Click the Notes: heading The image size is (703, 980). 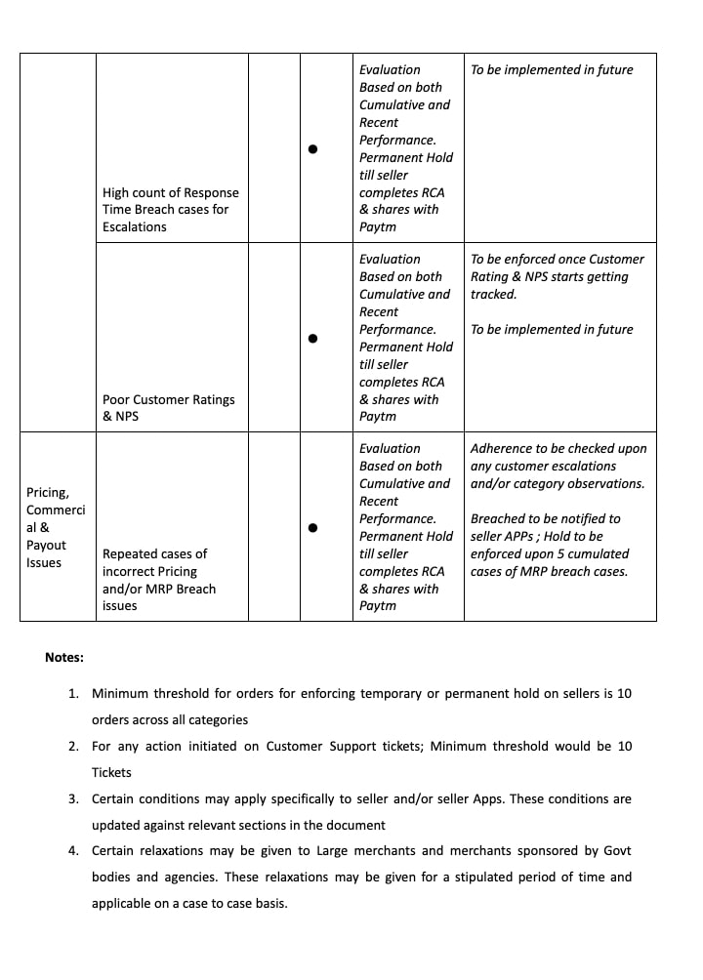coord(64,657)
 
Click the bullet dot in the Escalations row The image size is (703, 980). coord(312,149)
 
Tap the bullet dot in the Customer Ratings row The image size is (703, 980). coord(312,339)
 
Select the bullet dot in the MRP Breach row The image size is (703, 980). coord(312,528)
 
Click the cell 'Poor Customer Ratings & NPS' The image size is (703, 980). coord(168,408)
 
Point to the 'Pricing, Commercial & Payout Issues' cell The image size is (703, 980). coord(56,527)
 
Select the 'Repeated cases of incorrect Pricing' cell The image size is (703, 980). coord(159,580)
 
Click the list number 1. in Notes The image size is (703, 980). coord(73,693)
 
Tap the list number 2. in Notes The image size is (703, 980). coord(73,746)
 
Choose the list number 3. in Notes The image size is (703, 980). coord(73,798)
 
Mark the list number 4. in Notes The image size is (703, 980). coord(73,850)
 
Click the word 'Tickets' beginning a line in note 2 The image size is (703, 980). coord(111,772)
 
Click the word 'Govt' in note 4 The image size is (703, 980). coord(617,850)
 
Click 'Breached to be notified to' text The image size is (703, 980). coord(545,518)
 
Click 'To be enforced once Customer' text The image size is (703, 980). coord(558,259)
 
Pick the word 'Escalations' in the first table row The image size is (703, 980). coord(135,226)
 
